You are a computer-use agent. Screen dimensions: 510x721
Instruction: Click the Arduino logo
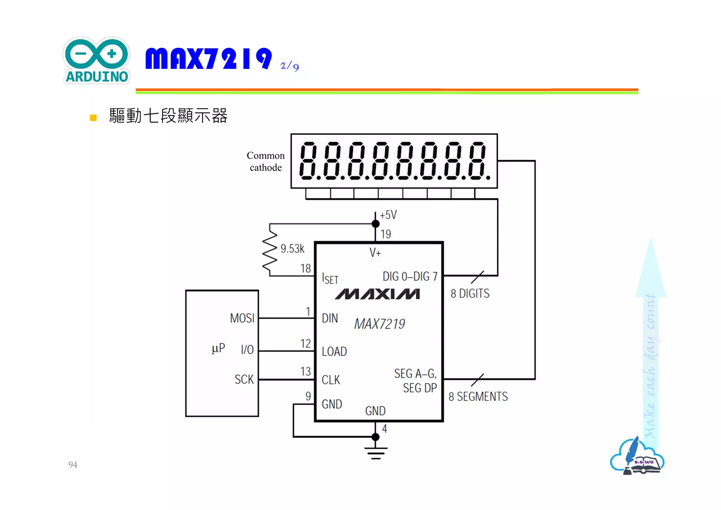pos(96,61)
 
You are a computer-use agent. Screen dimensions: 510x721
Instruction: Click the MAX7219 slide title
pos(208,58)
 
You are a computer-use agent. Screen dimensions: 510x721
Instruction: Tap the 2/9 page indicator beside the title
pos(289,66)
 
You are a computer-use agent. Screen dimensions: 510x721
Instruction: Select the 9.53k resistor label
pos(292,249)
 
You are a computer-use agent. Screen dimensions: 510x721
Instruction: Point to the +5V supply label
pos(388,214)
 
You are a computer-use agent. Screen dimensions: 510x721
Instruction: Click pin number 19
pos(386,234)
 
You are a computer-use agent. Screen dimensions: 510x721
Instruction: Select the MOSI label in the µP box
pos(242,318)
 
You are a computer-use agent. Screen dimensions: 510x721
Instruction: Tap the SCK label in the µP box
pos(244,379)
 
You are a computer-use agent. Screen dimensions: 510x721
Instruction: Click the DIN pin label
pos(330,318)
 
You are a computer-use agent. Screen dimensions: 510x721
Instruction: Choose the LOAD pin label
pos(334,352)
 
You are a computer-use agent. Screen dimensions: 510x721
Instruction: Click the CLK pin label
pos(331,380)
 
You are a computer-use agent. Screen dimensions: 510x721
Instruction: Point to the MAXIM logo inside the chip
pos(377,294)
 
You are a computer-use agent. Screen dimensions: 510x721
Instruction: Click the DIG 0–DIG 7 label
pos(410,276)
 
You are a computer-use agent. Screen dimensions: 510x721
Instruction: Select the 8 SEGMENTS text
pos(478,397)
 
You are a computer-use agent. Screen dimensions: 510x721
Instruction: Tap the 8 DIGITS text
pos(470,293)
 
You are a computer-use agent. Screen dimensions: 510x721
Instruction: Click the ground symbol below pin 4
pos(376,453)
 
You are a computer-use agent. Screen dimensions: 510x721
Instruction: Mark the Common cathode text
pos(265,161)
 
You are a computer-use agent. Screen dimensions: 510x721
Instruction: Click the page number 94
pos(73,465)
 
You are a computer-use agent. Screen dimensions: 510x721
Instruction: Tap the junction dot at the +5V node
pos(376,224)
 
